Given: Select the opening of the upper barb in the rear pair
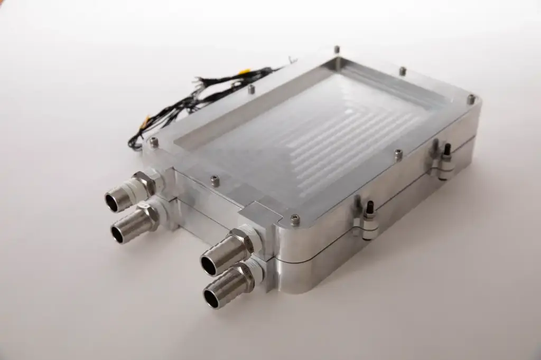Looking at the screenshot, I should [x=113, y=201].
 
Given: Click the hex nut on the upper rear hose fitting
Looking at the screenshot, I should [x=147, y=182].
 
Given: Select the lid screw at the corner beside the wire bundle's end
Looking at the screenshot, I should [x=154, y=141].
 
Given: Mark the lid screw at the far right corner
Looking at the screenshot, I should [x=471, y=98].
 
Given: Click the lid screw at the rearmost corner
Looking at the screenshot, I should [x=336, y=49].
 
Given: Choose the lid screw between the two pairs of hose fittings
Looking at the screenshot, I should [x=214, y=181].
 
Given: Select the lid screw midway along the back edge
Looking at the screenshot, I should [x=403, y=70].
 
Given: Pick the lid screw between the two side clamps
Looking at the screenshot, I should [x=398, y=154].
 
